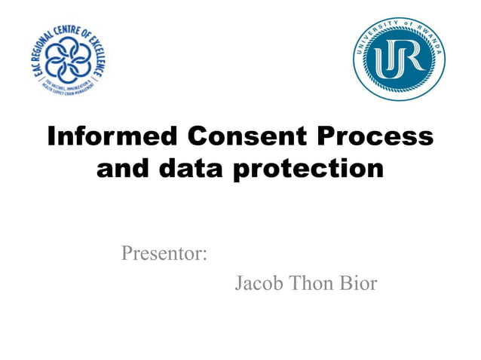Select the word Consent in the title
(x=242, y=136)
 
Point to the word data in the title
(x=188, y=169)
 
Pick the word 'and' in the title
(x=123, y=169)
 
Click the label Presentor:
(x=164, y=253)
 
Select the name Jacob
(x=259, y=284)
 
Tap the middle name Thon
(x=314, y=284)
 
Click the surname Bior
(x=360, y=284)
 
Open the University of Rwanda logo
(x=398, y=59)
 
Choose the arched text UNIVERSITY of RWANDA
(x=398, y=27)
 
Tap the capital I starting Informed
(x=52, y=136)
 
